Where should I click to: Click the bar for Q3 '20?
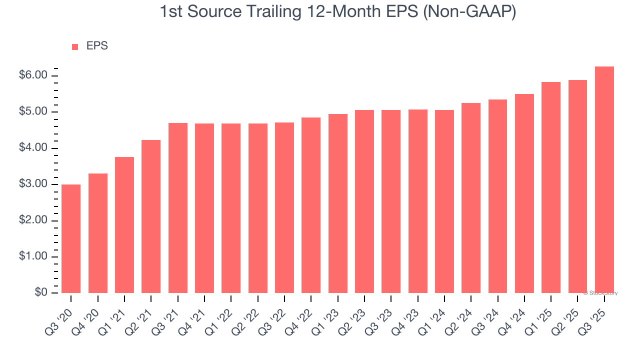(71, 239)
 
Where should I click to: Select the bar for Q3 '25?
(604, 180)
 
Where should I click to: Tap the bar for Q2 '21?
(151, 216)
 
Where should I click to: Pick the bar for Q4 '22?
(311, 205)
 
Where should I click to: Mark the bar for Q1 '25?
(551, 187)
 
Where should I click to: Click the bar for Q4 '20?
(98, 233)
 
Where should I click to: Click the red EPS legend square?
(75, 47)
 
